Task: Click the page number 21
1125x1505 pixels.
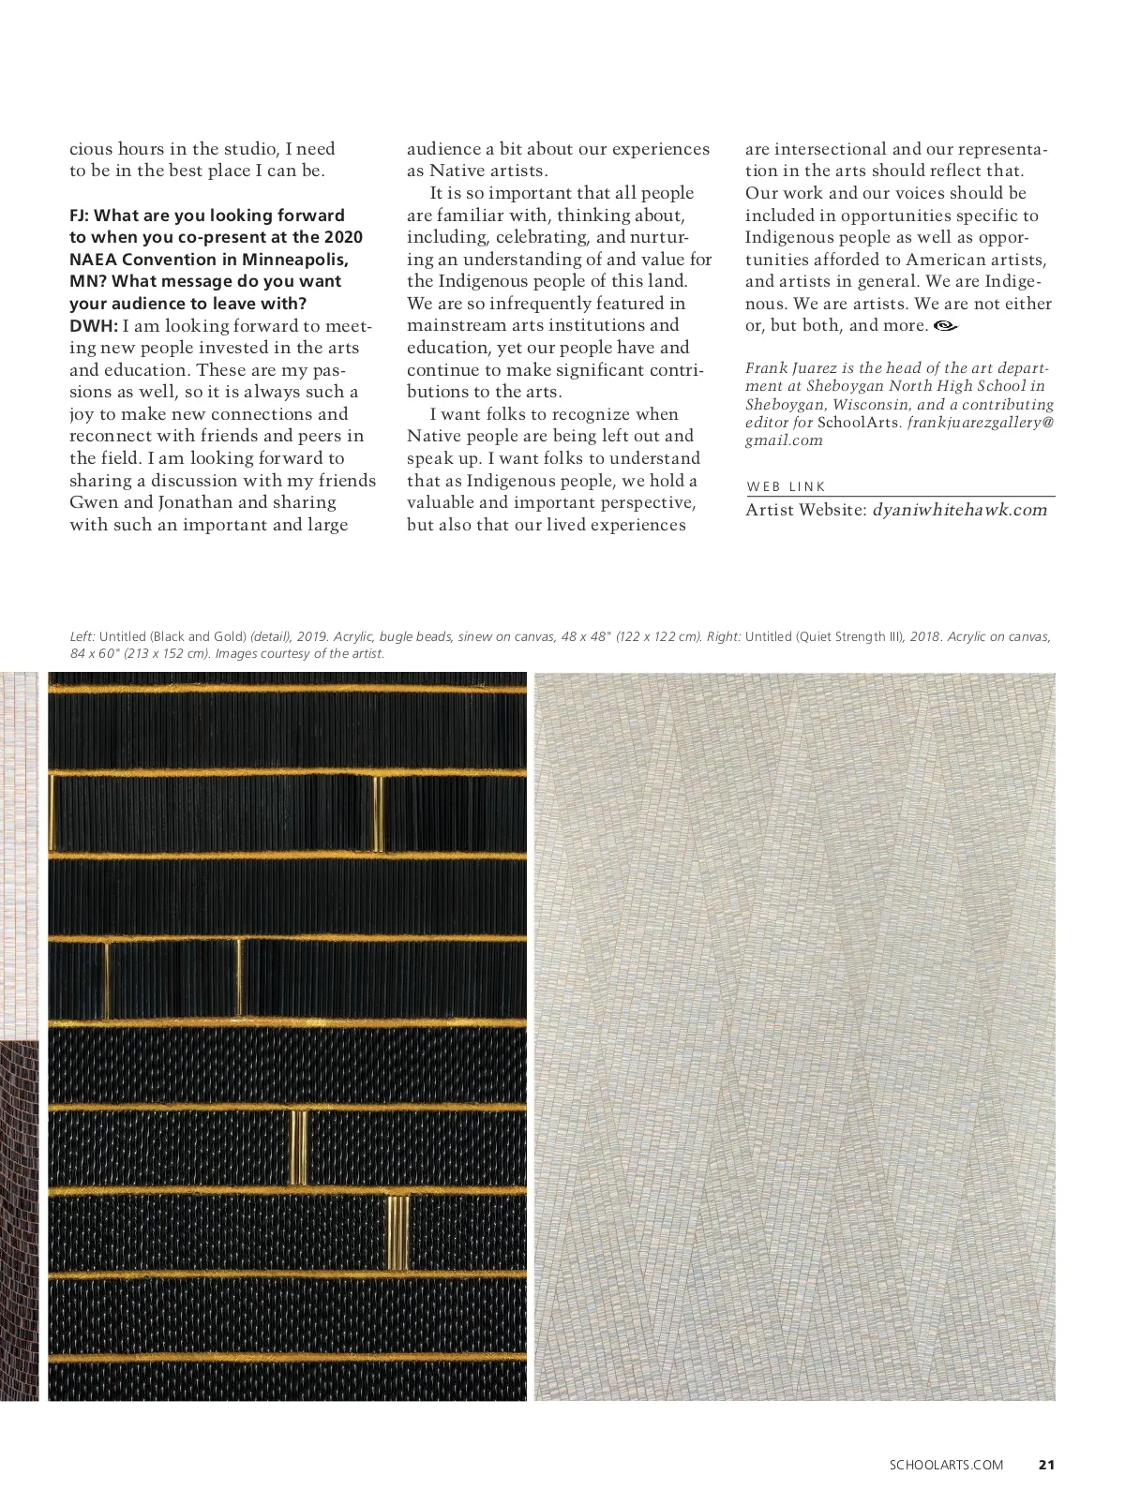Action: pyautogui.click(x=1047, y=1465)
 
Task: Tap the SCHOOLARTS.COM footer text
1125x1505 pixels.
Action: pyautogui.click(x=946, y=1465)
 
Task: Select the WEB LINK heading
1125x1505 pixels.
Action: pyautogui.click(x=787, y=486)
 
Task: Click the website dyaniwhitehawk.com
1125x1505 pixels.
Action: pyautogui.click(x=959, y=510)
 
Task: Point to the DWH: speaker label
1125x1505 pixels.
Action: pyautogui.click(x=93, y=326)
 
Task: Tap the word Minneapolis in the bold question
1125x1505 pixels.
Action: pyautogui.click(x=294, y=260)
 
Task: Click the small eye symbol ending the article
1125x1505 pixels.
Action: pyautogui.click(x=946, y=326)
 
